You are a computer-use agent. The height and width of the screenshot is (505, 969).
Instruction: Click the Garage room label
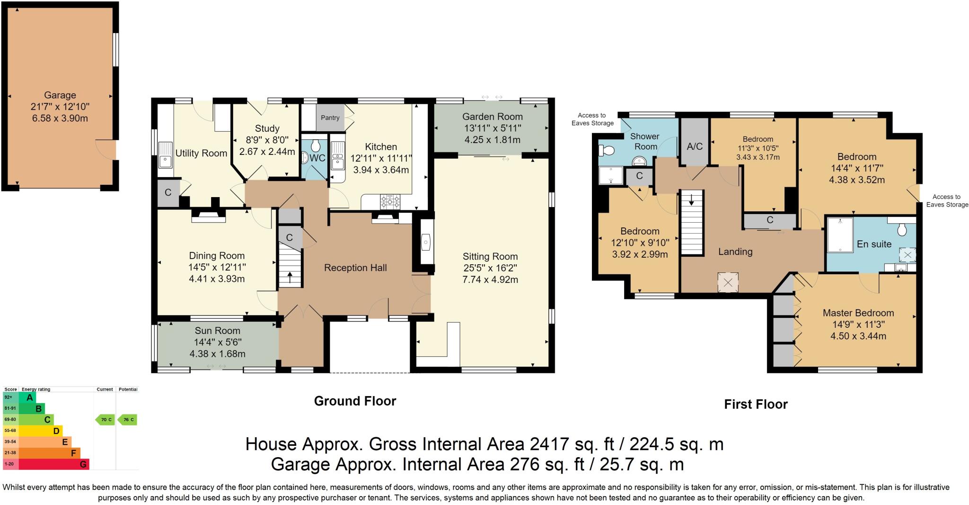click(60, 95)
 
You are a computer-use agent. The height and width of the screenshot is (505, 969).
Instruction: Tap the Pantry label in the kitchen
click(330, 117)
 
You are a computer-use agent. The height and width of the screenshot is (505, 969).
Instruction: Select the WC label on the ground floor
click(317, 158)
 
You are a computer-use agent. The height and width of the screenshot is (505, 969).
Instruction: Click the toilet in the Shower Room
click(606, 151)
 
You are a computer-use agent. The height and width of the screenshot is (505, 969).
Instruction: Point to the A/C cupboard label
click(695, 146)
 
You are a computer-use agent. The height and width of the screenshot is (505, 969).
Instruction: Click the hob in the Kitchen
click(390, 201)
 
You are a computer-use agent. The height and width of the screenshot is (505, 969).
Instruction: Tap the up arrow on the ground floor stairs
click(290, 277)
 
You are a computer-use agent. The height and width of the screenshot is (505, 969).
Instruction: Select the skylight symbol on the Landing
click(728, 283)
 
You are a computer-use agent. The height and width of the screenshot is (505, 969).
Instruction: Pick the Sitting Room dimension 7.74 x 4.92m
click(490, 280)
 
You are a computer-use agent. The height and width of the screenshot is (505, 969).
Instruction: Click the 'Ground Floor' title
click(355, 401)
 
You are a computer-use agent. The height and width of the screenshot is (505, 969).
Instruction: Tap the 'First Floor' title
click(756, 404)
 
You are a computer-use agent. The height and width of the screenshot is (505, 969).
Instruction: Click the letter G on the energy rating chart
click(83, 464)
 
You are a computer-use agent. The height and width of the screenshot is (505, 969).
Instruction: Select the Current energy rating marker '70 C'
click(105, 419)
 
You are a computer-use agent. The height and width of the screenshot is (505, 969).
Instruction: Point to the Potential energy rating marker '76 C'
click(127, 419)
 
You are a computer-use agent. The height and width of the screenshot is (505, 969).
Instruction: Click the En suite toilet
click(902, 229)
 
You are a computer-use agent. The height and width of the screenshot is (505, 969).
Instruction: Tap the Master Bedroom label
click(858, 313)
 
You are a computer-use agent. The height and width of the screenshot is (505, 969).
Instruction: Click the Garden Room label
click(493, 117)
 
